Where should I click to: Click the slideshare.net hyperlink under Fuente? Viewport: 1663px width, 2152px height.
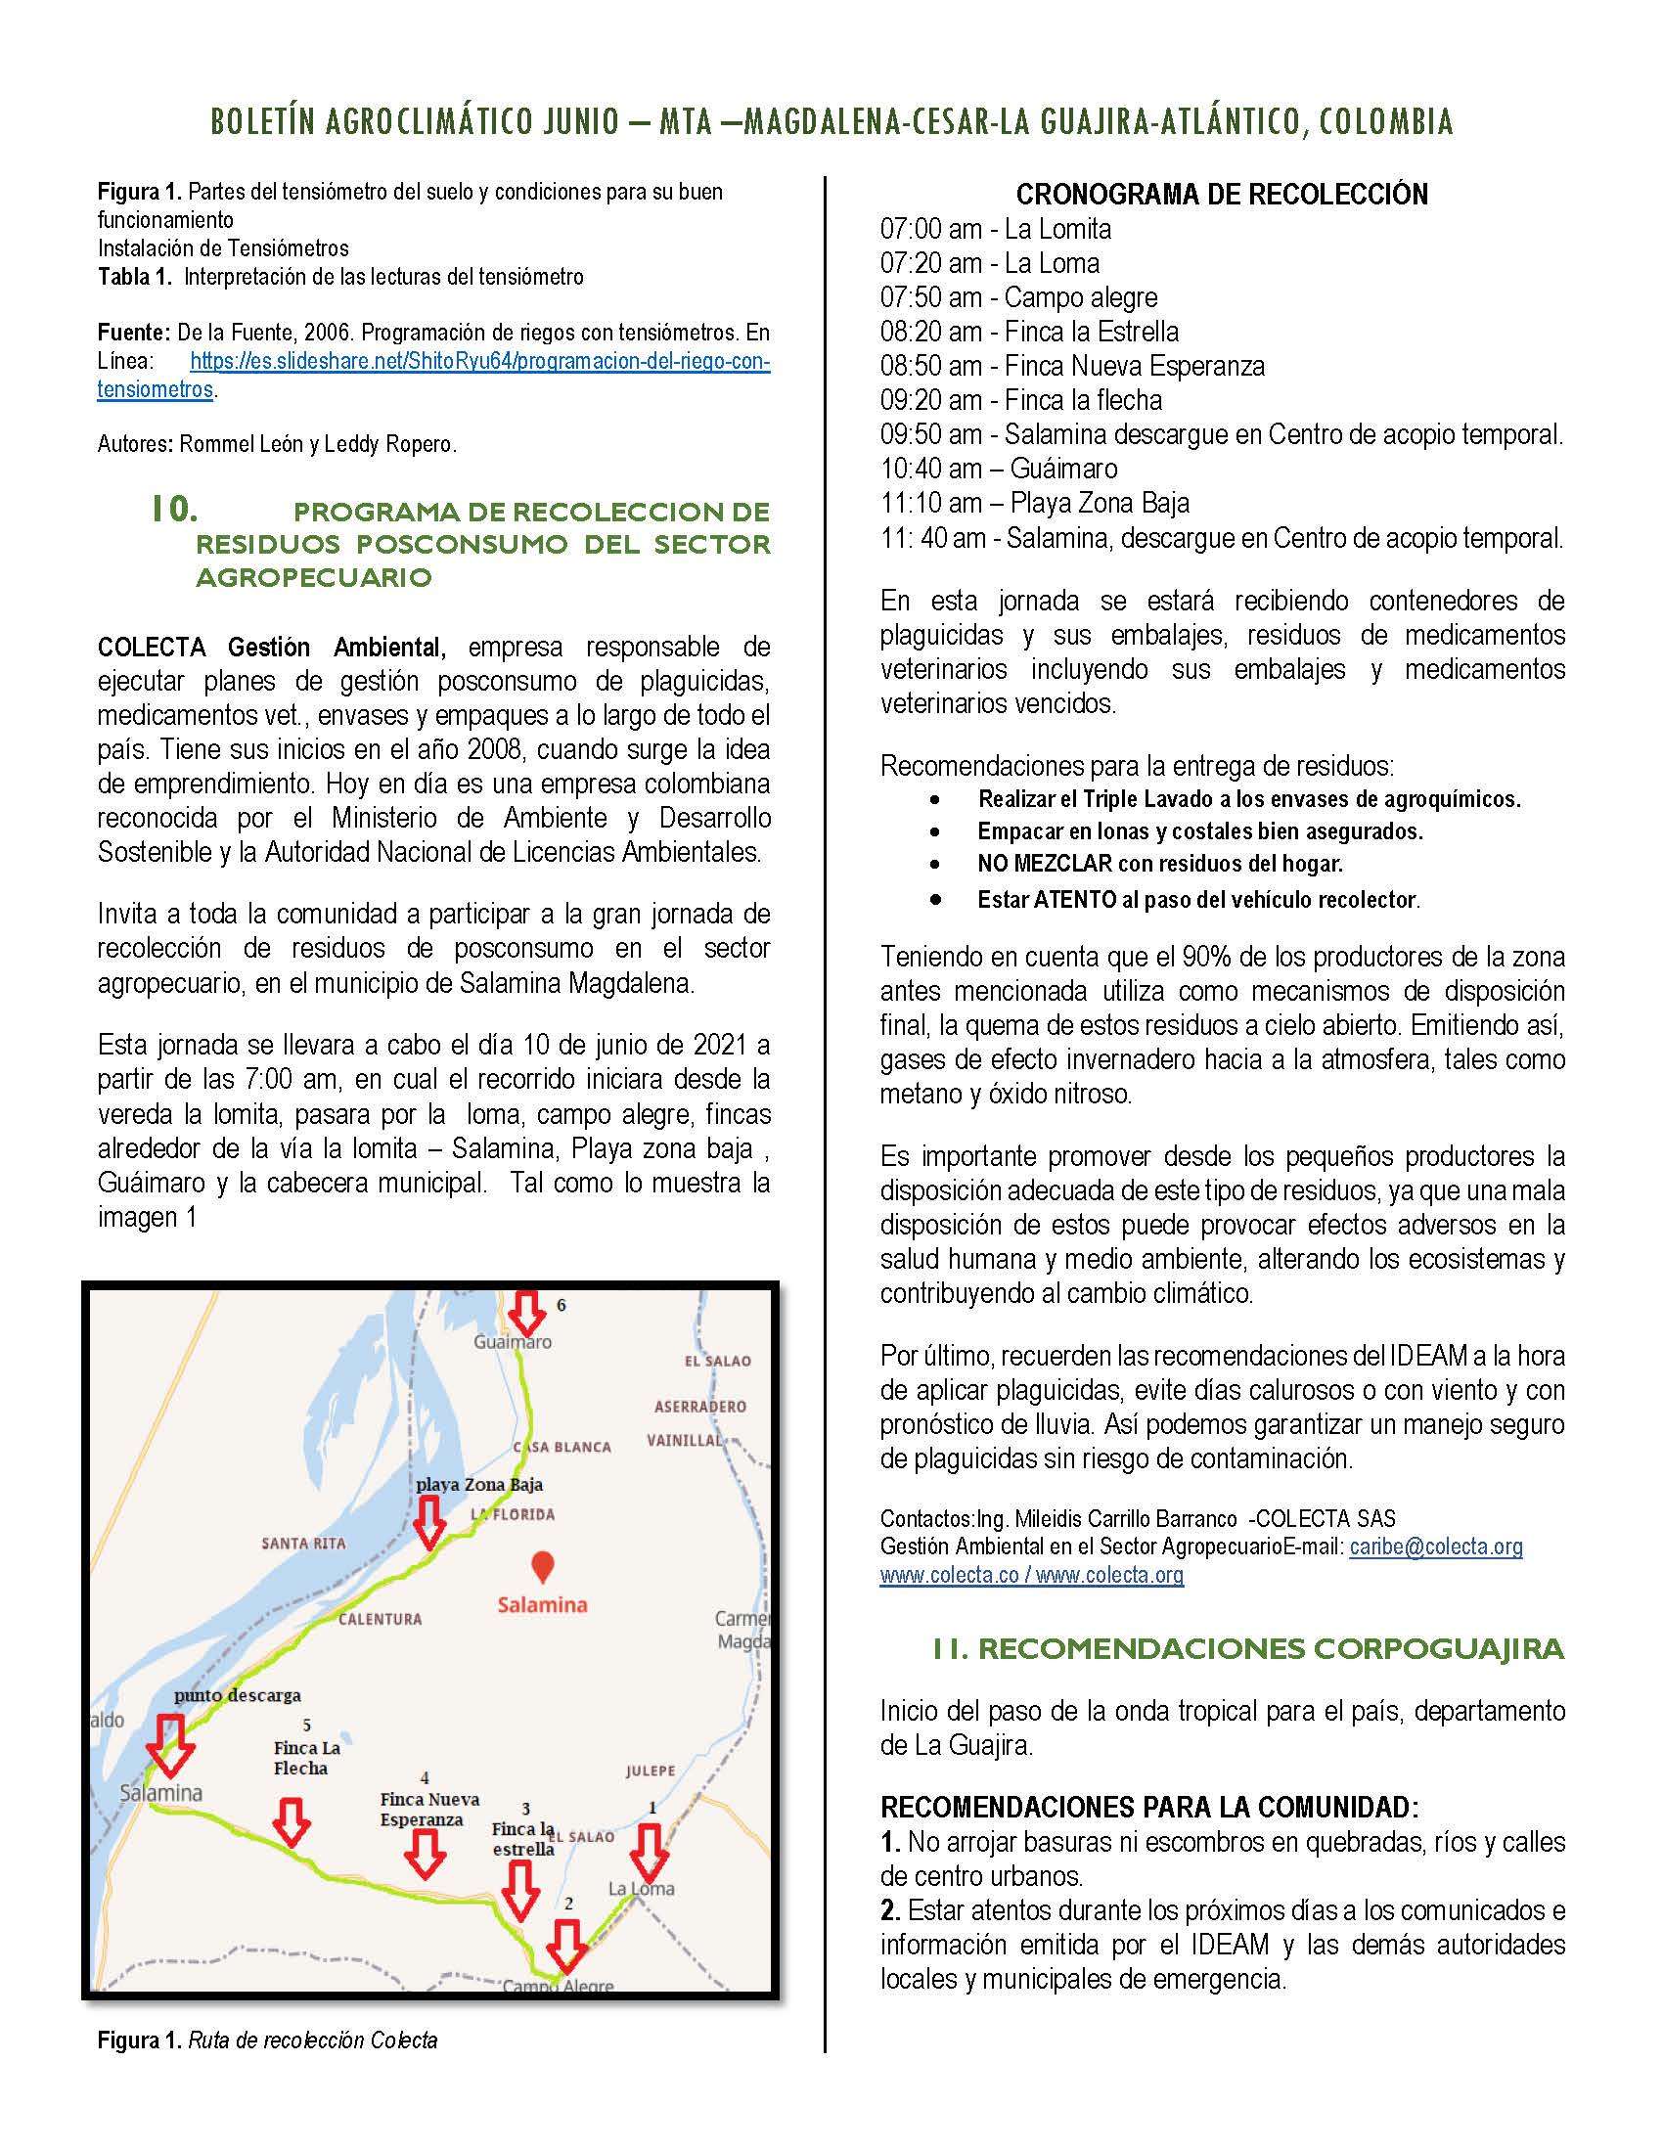(478, 362)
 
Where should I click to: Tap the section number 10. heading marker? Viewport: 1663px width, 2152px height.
(174, 510)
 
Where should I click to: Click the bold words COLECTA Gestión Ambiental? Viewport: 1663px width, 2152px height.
(272, 648)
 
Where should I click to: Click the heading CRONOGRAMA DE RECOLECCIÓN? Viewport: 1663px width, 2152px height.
(1222, 194)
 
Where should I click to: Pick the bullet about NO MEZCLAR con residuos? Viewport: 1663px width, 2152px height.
(1159, 864)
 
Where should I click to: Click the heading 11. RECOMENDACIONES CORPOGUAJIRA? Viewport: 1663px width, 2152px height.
(1248, 1649)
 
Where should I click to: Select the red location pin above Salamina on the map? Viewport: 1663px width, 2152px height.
(541, 1566)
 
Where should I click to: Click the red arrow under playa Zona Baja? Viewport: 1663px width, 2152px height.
(428, 1522)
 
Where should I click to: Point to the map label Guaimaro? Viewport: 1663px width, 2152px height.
(513, 1342)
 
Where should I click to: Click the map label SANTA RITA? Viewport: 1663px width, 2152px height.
(303, 1543)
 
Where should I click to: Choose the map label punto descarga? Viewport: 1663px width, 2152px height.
(238, 1695)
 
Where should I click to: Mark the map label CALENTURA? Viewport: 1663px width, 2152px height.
(381, 1618)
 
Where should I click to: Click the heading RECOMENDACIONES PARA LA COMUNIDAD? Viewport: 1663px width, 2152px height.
(1148, 1806)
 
